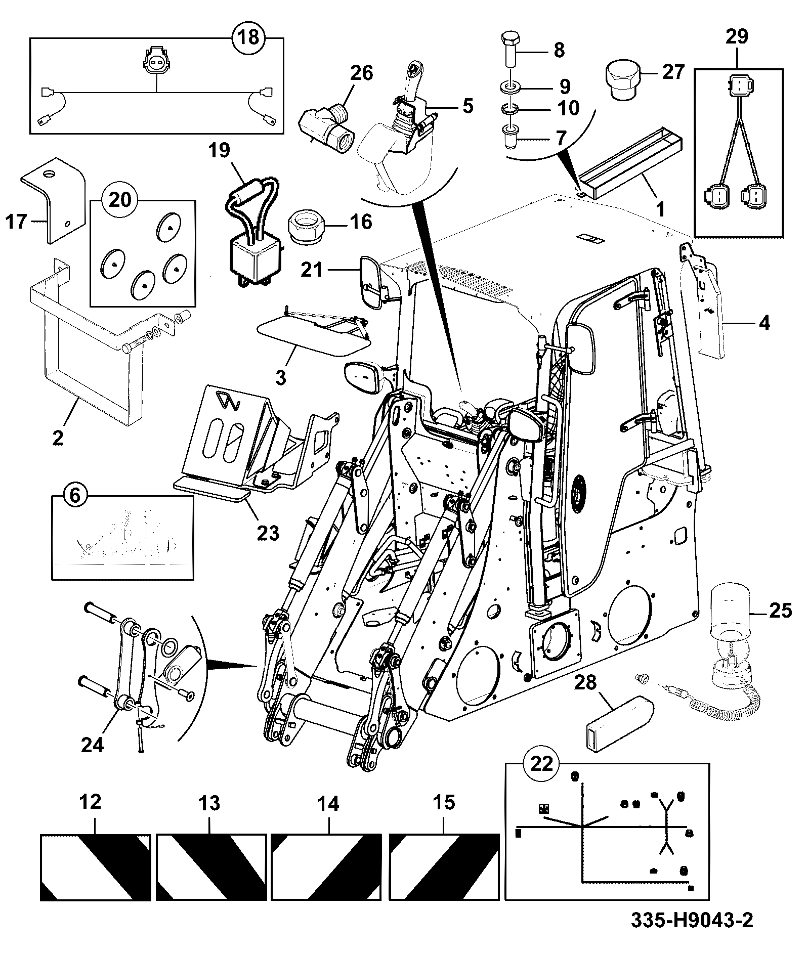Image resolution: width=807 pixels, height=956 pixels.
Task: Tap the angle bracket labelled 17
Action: click(x=52, y=199)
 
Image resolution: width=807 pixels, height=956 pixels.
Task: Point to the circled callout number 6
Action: click(x=74, y=495)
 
